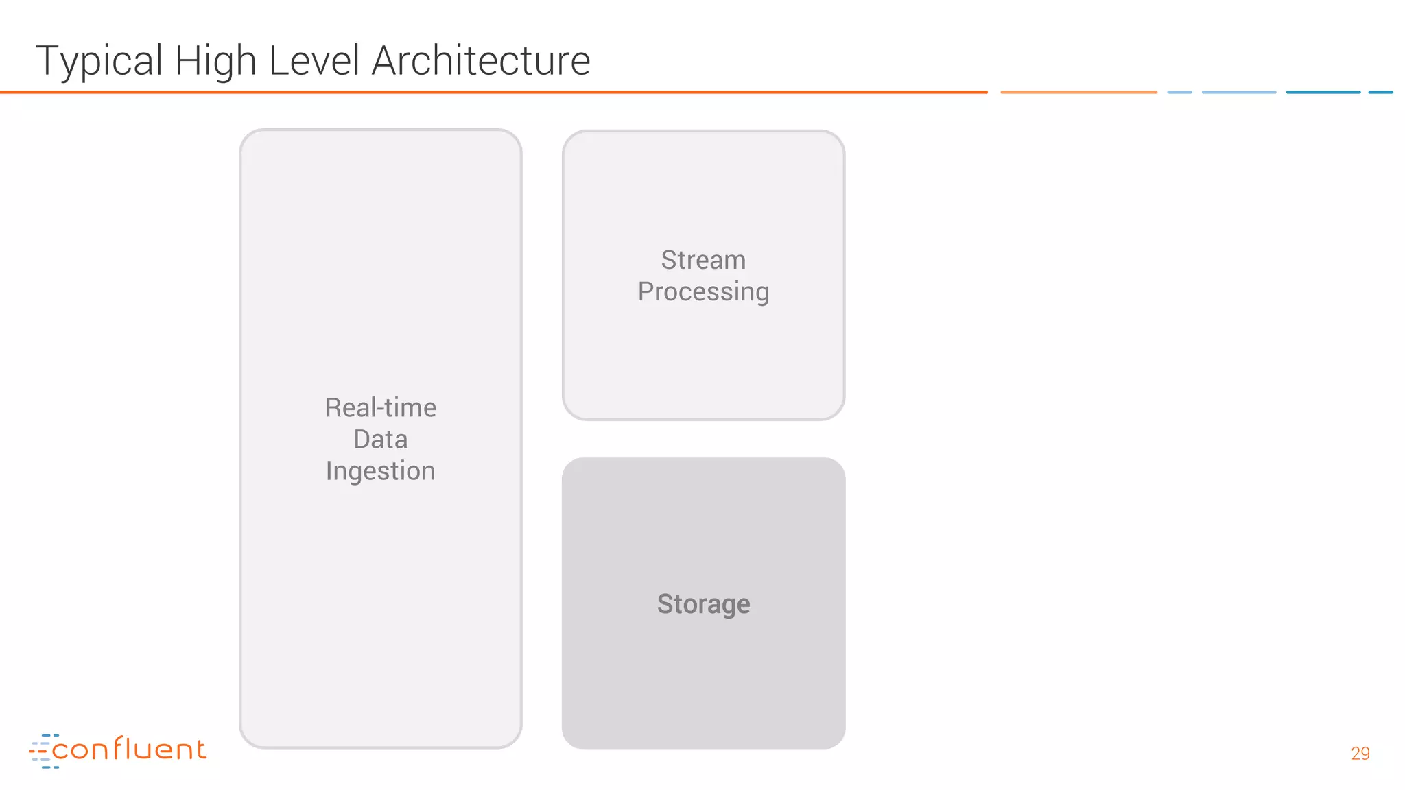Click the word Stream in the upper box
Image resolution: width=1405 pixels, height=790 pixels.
[x=703, y=260]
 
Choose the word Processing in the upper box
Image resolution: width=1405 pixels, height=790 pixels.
[x=703, y=292]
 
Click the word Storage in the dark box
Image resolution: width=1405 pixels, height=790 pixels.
[x=703, y=604]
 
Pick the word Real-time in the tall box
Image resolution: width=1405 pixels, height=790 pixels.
[x=381, y=407]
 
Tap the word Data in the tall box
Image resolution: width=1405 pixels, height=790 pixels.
[x=381, y=439]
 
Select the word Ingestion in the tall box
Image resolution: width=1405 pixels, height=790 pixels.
[x=381, y=471]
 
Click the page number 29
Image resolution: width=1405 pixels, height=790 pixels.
[x=1360, y=753]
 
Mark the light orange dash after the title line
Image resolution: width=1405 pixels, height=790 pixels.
[x=1078, y=92]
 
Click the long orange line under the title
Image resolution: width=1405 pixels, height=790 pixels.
[x=494, y=92]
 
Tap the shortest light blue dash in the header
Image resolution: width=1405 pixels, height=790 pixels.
[x=1179, y=92]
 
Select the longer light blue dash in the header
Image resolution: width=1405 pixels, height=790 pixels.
[x=1239, y=92]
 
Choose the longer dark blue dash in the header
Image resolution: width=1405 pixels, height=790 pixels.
[x=1323, y=92]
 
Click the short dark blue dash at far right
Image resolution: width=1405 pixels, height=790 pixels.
[x=1380, y=92]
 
